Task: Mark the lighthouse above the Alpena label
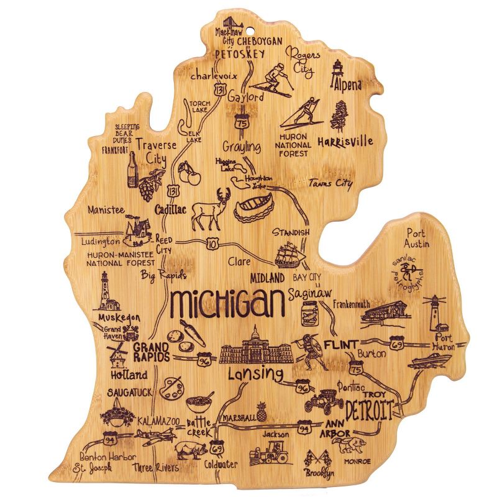[x=339, y=70]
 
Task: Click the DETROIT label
[x=370, y=411]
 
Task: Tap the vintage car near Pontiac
[x=324, y=400]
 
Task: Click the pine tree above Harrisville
[x=340, y=116]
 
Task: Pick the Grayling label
[x=242, y=147]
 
